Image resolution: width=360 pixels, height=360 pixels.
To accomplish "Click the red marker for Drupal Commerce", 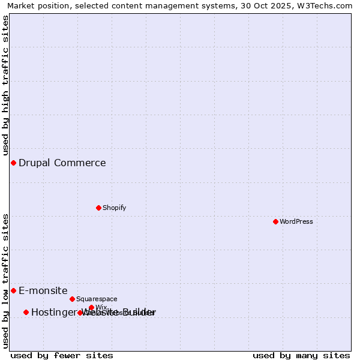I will pyautogui.click(x=13, y=163).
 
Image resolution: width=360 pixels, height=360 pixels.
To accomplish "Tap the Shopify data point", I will pyautogui.click(x=98, y=208).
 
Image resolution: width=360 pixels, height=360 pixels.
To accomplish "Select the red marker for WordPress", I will pyautogui.click(x=275, y=221).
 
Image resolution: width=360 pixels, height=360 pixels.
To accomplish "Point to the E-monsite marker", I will pyautogui.click(x=13, y=291).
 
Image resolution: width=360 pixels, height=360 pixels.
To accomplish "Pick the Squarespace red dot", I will pyautogui.click(x=72, y=299).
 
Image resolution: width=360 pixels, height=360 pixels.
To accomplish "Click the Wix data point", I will pyautogui.click(x=91, y=308).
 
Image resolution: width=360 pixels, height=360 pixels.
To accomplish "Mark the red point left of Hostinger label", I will pyautogui.click(x=26, y=312).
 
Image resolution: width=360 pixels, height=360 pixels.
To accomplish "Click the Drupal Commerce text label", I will pyautogui.click(x=62, y=163).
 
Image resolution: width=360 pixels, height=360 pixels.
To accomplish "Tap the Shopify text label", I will pyautogui.click(x=114, y=208).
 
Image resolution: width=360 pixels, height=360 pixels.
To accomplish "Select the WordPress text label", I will pyautogui.click(x=296, y=221).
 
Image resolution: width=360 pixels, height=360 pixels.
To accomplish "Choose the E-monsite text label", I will pyautogui.click(x=43, y=291).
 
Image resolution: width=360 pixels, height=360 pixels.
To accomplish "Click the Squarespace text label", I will pyautogui.click(x=97, y=299).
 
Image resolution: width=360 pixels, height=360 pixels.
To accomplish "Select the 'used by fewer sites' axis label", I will pyautogui.click(x=62, y=355).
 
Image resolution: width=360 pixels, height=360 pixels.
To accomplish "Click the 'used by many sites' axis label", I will pyautogui.click(x=301, y=355).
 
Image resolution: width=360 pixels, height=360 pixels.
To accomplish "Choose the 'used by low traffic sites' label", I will pyautogui.click(x=6, y=281).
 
